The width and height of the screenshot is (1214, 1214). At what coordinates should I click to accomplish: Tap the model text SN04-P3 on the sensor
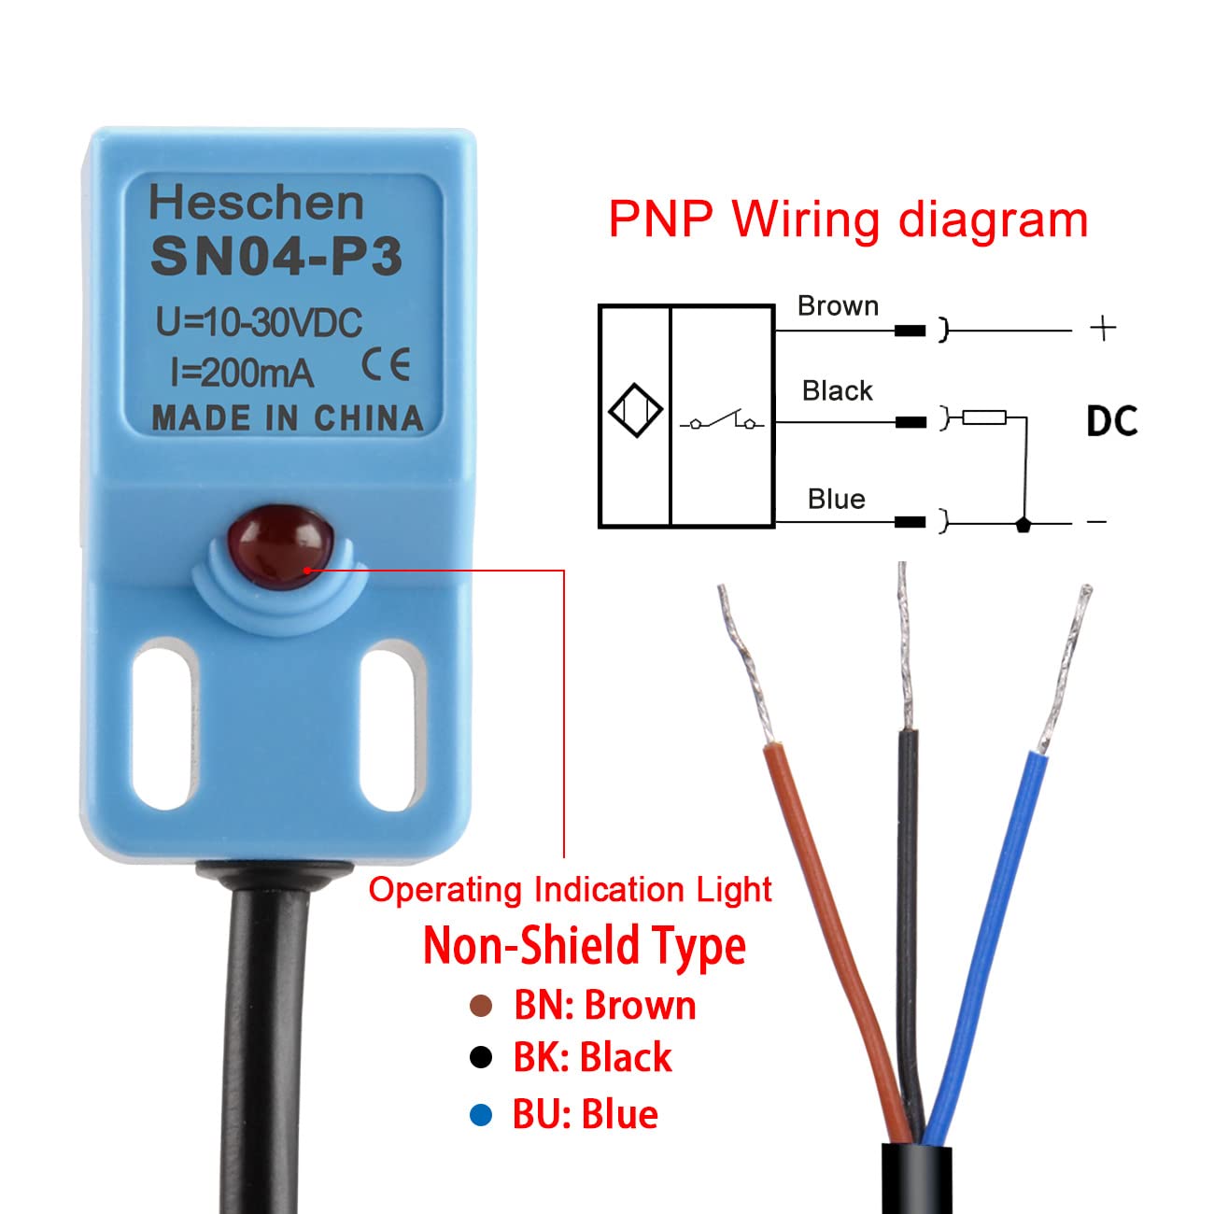click(x=276, y=257)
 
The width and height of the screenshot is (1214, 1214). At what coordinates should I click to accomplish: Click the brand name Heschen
click(x=256, y=203)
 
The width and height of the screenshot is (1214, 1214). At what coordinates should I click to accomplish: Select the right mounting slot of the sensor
click(x=388, y=728)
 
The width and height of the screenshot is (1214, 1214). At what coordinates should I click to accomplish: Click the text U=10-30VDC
click(x=259, y=323)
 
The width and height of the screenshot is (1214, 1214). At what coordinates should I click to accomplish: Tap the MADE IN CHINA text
click(x=287, y=418)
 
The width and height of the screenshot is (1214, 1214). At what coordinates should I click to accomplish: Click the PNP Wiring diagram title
click(x=848, y=220)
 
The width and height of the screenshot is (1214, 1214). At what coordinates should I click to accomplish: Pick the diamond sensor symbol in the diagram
click(x=635, y=410)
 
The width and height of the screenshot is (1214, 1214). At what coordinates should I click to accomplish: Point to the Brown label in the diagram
click(x=838, y=306)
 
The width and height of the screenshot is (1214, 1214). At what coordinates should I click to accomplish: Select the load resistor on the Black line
click(x=984, y=417)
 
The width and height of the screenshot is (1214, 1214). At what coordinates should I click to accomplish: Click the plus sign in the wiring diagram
click(x=1103, y=328)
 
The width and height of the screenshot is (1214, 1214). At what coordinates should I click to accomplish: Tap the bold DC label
click(x=1111, y=421)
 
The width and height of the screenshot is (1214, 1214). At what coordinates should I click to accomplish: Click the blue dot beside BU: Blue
click(x=481, y=1114)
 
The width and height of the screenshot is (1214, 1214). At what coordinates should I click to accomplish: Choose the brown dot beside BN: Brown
click(x=481, y=1006)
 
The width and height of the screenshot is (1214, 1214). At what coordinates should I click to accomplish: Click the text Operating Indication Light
click(x=570, y=890)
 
